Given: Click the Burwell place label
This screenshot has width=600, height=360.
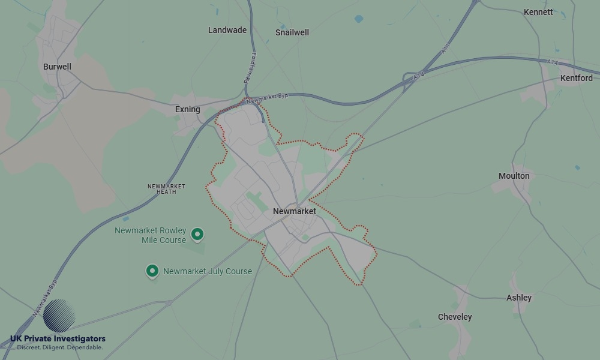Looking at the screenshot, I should pos(57,67).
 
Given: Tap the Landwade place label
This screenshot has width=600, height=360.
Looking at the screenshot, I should pos(227,30).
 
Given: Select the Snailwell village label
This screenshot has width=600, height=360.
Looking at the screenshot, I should pos(292,32).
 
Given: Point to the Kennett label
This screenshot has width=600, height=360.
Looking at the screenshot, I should pos(538,12).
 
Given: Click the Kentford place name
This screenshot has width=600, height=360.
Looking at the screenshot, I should pos(576,78).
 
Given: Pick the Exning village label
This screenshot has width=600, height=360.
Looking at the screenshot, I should pos(187,109).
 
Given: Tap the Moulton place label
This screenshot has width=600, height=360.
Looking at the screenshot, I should pos(514,176).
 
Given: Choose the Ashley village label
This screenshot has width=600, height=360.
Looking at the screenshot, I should pos(519,298).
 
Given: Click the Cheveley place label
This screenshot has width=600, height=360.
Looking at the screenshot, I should pos(455,317).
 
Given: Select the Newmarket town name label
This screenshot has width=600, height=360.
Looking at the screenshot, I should pos(295,211).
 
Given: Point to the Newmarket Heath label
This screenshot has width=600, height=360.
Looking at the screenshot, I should pos(166,189).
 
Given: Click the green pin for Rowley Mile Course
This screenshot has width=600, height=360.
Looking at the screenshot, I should pos(197,234).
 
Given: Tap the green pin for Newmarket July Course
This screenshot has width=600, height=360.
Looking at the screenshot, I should pos(152,271).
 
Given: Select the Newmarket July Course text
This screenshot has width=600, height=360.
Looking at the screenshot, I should pos(208,271).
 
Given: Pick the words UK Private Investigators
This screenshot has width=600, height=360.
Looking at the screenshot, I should pos(58,339).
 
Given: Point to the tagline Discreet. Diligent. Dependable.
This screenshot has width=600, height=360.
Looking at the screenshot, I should pos(59,347).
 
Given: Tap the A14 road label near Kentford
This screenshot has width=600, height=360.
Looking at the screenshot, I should pos(553,62).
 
